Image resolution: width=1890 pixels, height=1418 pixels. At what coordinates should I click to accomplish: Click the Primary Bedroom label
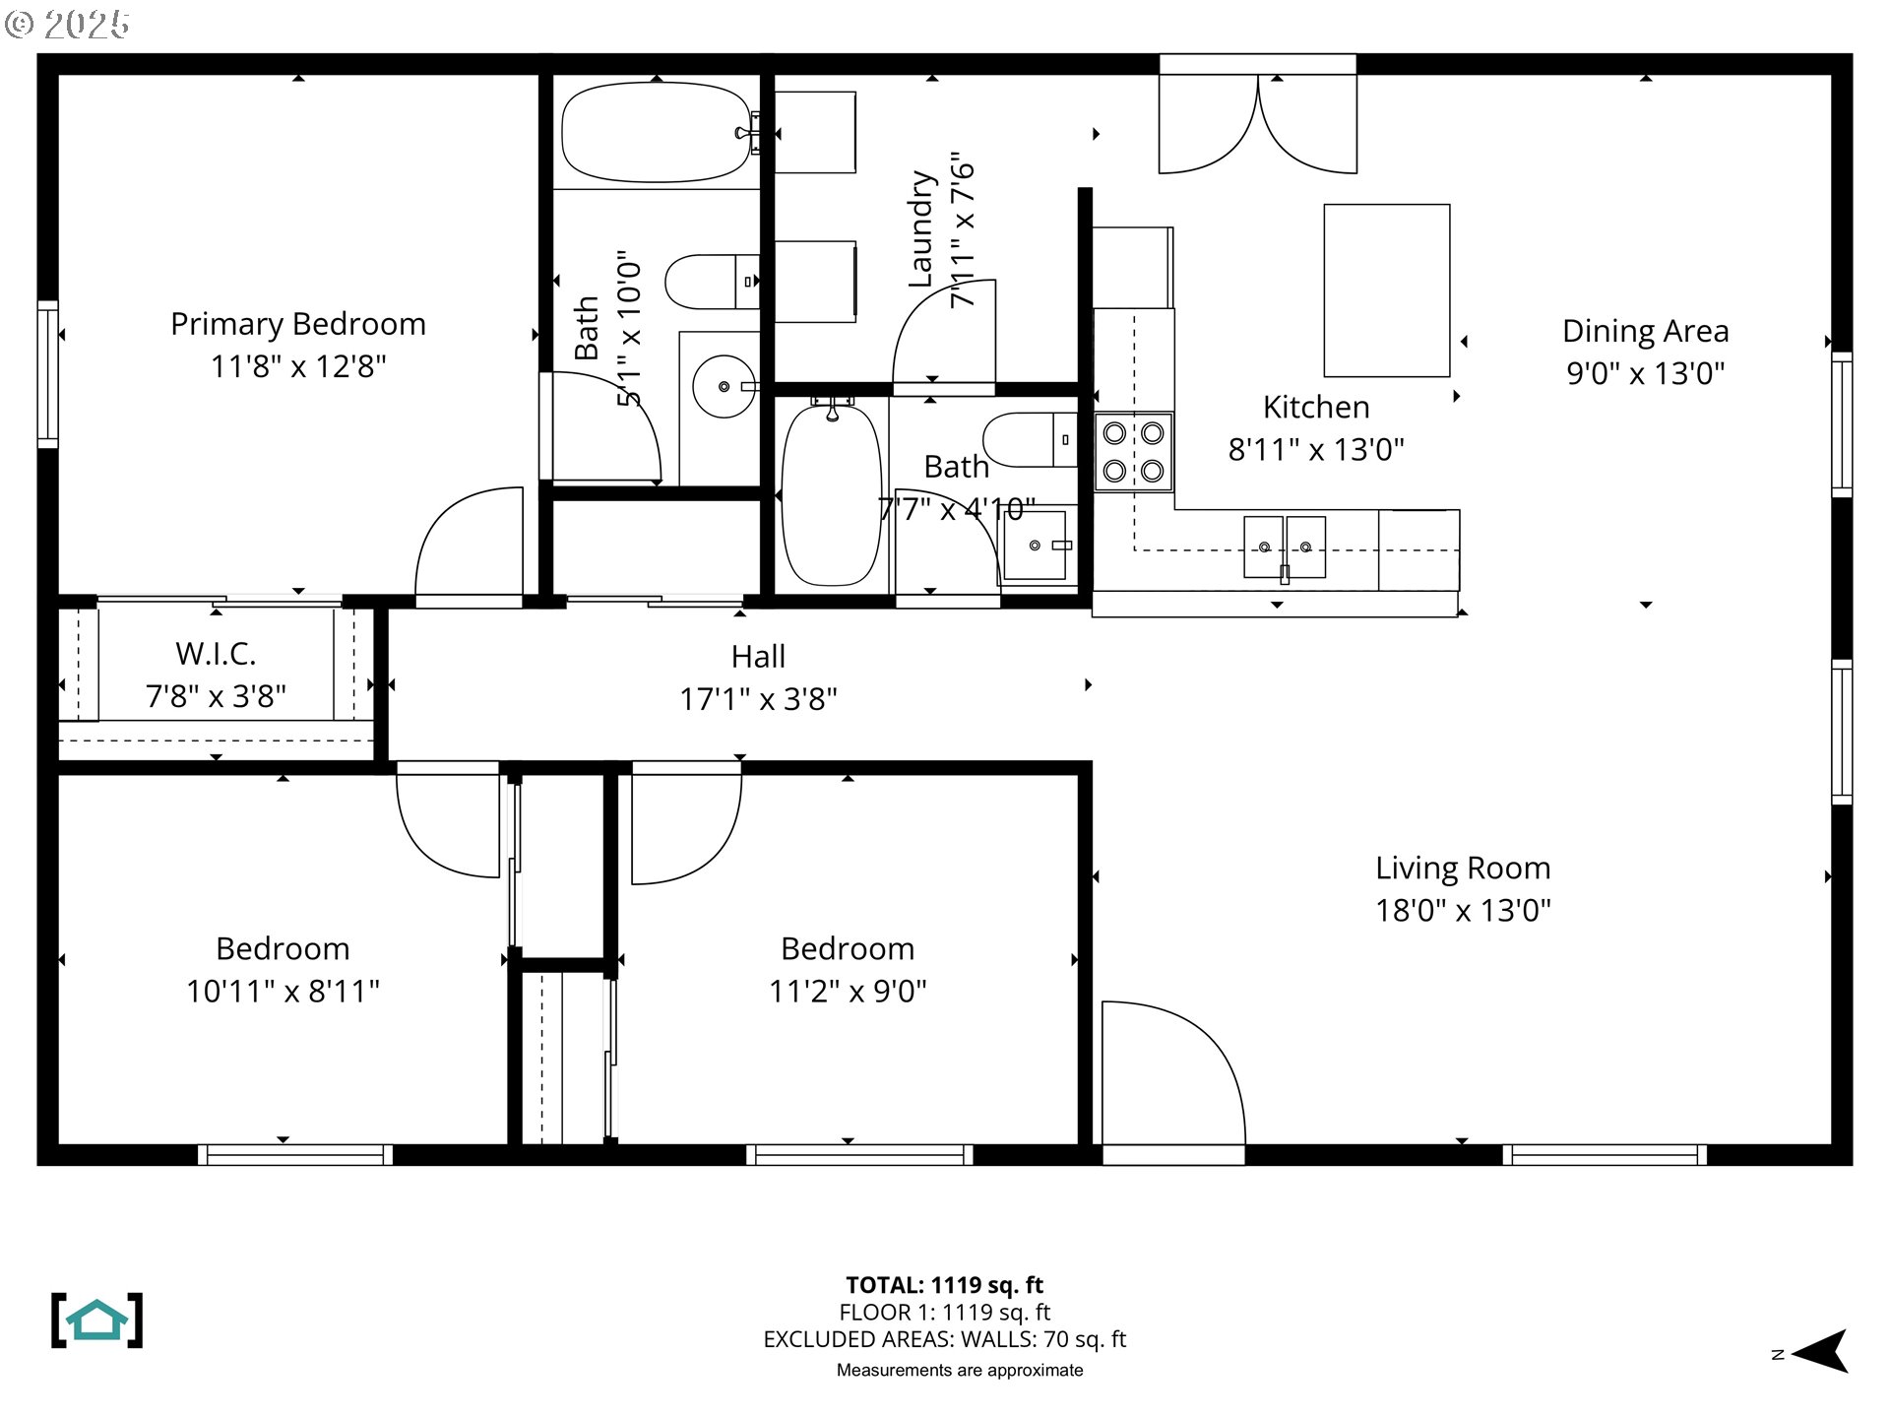298,324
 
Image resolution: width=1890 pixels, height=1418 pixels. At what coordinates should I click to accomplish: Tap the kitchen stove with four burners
1134,452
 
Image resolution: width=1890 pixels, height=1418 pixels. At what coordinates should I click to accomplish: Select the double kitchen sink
1285,548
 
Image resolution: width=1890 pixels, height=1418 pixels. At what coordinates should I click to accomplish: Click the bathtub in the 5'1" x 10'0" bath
657,132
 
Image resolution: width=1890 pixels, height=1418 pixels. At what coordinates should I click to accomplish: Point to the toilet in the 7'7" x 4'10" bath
1030,439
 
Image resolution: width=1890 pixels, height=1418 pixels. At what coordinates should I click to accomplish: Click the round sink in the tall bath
724,386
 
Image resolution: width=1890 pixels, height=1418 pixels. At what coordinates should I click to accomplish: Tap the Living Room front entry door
1172,1073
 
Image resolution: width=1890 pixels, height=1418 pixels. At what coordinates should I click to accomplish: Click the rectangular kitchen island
1387,290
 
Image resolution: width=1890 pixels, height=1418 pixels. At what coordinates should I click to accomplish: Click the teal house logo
97,1321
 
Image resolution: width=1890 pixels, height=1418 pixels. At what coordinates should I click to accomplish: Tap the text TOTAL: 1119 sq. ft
945,1285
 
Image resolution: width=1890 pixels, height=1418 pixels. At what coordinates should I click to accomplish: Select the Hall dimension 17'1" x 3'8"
758,699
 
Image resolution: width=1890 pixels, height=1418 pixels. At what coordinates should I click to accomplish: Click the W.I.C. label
216,653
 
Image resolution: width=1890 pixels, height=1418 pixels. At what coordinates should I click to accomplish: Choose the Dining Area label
1646,331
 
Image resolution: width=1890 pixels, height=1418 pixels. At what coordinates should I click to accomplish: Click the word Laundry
920,228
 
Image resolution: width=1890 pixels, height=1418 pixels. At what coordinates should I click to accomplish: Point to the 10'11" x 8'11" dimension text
283,991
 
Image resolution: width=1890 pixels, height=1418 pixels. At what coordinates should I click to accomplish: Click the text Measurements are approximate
960,1370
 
